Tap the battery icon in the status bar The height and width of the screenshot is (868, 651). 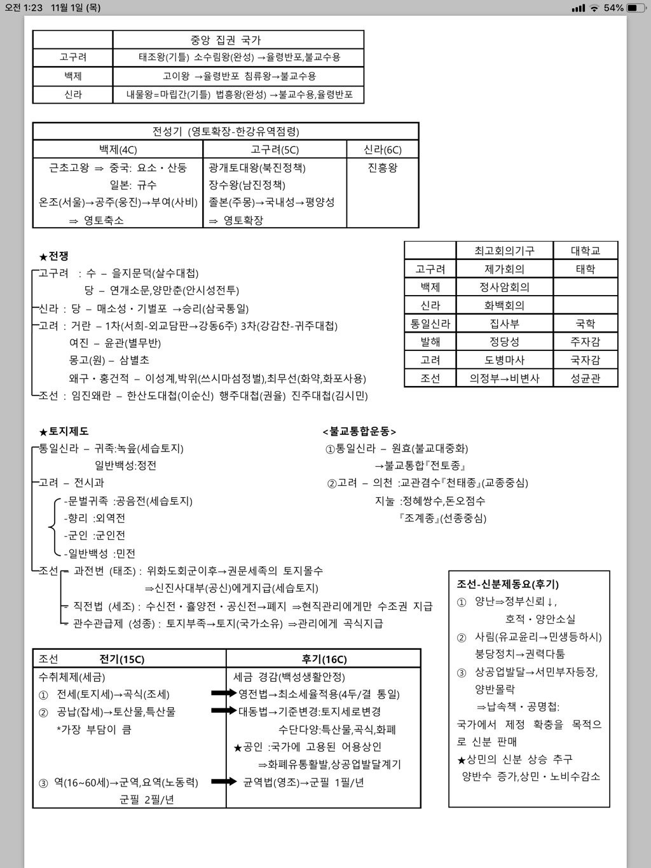pos(636,8)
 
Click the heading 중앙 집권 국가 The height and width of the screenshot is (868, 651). pos(226,39)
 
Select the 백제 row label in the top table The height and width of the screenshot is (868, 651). pos(73,76)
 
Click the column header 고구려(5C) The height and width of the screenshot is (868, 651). pos(275,149)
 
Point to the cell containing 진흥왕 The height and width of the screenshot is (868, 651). pos(382,168)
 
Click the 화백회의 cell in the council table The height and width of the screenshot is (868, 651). pos(504,305)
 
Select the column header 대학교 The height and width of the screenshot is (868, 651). pos(585,251)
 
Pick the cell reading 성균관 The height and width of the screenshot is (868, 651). pos(585,378)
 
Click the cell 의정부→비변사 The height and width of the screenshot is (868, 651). pos(504,378)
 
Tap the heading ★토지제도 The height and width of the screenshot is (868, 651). pos(64,431)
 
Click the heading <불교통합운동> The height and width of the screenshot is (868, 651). pos(359,431)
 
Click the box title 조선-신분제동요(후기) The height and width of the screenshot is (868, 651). pos(507,584)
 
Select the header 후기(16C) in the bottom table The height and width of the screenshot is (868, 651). pos(324,659)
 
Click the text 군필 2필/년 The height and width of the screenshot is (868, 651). pos(146,799)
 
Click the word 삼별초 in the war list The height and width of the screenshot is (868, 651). pos(134,360)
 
